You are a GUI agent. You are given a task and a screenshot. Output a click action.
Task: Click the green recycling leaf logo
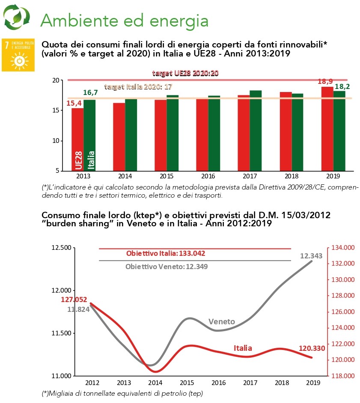[16, 17]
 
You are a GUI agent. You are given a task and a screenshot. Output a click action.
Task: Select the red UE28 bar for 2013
[77, 139]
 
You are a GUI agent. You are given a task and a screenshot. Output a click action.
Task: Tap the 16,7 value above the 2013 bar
[90, 93]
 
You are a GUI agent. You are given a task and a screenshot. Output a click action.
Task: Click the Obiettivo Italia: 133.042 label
[165, 253]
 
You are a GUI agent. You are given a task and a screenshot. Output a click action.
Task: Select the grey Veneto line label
[222, 321]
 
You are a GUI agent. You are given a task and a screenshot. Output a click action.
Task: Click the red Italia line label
[242, 348]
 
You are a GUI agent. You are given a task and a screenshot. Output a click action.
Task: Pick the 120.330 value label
[312, 348]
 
